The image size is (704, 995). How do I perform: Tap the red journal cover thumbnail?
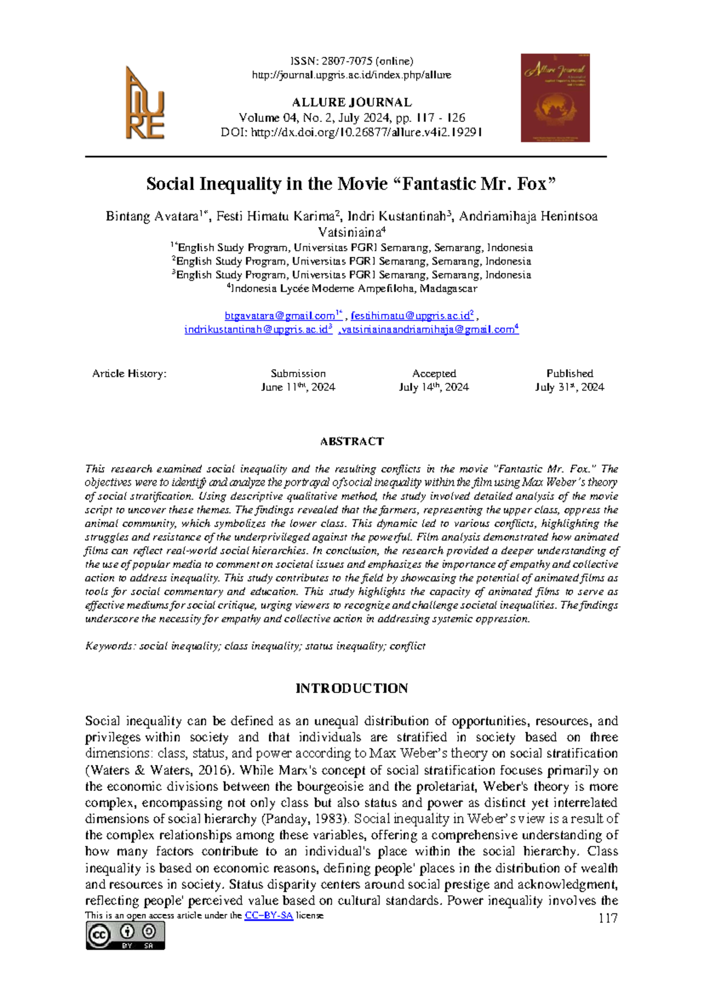555,98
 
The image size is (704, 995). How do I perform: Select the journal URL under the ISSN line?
351,75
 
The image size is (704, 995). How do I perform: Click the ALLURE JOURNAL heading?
351,102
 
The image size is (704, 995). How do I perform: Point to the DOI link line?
351,133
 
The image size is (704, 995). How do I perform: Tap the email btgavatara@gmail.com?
280,316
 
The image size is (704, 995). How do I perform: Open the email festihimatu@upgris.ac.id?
410,316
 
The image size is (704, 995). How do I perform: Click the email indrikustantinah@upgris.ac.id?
256,330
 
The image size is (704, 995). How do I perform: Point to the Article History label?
129,374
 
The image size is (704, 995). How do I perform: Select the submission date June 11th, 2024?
298,387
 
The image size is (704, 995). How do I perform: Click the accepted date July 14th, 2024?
434,387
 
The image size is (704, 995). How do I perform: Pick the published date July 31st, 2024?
569,387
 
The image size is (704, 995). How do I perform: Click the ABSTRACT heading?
351,442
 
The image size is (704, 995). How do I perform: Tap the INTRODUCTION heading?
351,688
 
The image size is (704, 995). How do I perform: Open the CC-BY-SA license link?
269,915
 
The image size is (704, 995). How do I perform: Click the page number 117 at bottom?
608,919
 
